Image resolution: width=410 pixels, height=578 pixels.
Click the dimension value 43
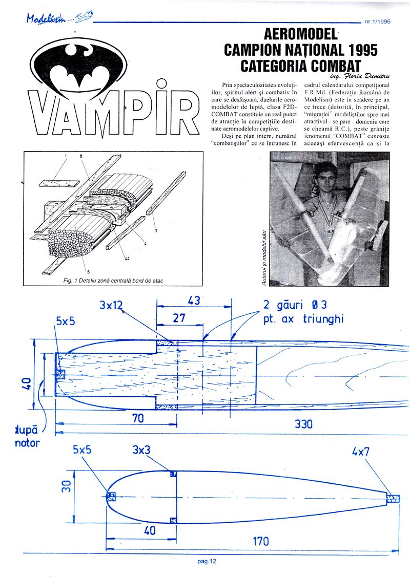pos(194,300)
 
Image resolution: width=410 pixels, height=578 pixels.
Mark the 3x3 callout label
pos(143,451)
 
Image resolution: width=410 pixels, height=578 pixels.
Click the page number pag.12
pos(207,561)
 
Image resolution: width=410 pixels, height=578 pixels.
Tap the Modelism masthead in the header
pos(56,19)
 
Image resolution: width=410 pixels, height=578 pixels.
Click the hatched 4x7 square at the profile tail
pos(393,498)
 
